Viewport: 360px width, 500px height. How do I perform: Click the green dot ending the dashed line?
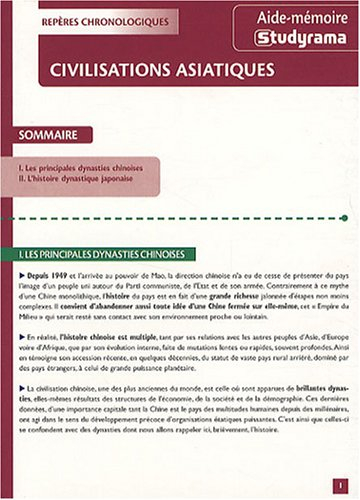coord(343,217)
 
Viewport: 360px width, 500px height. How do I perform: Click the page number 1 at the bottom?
coord(341,483)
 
